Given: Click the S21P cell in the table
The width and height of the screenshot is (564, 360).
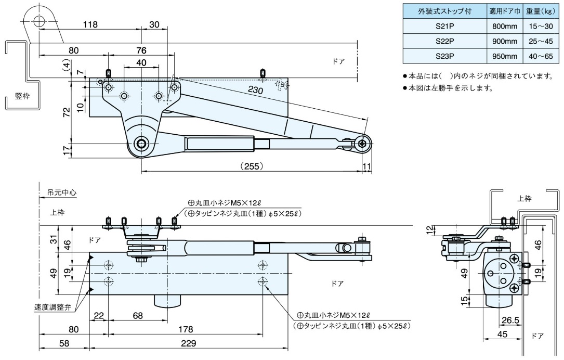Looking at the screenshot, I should point(444,27).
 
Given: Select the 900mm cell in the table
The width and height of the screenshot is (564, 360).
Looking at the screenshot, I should point(503,41).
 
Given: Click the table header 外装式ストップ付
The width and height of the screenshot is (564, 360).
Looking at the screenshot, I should point(444,11).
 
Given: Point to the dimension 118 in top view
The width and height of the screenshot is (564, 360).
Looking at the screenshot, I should point(90,24).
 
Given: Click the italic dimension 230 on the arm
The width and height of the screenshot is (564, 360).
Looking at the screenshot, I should point(256,90).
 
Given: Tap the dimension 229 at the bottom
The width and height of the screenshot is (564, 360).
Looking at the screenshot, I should point(188,343).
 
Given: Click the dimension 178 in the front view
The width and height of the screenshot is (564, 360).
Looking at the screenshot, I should point(186,329).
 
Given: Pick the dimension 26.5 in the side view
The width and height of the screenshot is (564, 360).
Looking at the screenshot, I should point(510,320).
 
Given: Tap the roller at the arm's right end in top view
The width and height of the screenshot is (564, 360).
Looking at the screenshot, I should point(362,143).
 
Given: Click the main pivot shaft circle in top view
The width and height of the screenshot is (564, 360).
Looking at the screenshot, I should point(140,144).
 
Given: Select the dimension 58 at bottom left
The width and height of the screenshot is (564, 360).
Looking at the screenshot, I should point(64,343).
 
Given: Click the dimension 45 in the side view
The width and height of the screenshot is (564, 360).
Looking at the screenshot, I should point(502,335).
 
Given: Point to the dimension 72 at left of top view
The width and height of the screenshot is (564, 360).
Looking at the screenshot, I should point(67,112).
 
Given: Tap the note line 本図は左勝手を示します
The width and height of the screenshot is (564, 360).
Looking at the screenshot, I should point(450,88).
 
